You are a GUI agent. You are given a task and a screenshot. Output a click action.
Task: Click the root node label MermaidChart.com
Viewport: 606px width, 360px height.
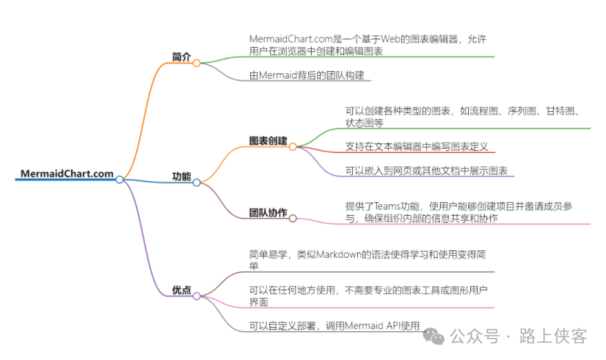tap(67, 174)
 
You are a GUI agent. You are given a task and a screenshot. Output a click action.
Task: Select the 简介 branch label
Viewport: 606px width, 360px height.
tap(181, 57)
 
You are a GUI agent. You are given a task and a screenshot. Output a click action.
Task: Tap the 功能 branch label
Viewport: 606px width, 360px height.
tap(181, 177)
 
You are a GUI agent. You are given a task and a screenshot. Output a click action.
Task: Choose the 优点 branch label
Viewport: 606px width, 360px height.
tap(181, 290)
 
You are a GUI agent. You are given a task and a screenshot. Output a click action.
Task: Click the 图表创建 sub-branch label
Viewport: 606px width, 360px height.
tap(268, 141)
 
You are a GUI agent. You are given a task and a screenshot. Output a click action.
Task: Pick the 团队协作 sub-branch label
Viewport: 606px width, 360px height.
tap(268, 212)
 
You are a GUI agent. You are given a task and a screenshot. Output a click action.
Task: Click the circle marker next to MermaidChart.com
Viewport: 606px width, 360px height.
tap(119, 179)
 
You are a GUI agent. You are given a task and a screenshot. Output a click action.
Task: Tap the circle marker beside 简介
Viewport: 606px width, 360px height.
tap(196, 63)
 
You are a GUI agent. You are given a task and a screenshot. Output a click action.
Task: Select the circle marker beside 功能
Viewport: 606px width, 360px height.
tap(196, 182)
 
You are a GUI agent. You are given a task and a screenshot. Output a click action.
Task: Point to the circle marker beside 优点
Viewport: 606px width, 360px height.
tap(196, 296)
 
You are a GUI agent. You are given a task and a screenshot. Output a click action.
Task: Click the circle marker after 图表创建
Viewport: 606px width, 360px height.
tap(292, 146)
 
